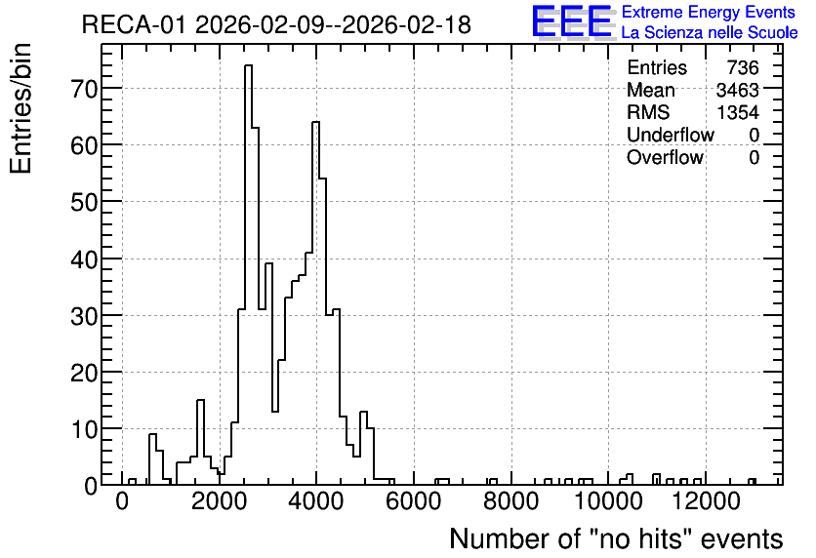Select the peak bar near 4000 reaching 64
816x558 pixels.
click(315, 303)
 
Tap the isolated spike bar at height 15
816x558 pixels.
click(200, 442)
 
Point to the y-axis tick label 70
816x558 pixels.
click(84, 89)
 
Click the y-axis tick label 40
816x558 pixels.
click(84, 259)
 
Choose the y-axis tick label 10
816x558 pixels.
click(84, 429)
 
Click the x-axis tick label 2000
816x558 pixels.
click(219, 501)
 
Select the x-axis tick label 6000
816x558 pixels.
click(414, 501)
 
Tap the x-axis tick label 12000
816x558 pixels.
click(705, 501)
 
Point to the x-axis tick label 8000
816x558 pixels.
click(511, 501)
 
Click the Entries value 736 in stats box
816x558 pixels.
click(743, 67)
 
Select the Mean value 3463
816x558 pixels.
click(737, 90)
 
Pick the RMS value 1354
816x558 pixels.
click(737, 112)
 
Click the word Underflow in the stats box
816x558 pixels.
click(671, 135)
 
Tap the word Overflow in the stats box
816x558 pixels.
click(665, 157)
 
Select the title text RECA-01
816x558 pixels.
click(134, 25)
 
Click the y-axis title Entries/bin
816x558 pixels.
click(21, 108)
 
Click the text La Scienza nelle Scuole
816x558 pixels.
click(710, 33)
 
